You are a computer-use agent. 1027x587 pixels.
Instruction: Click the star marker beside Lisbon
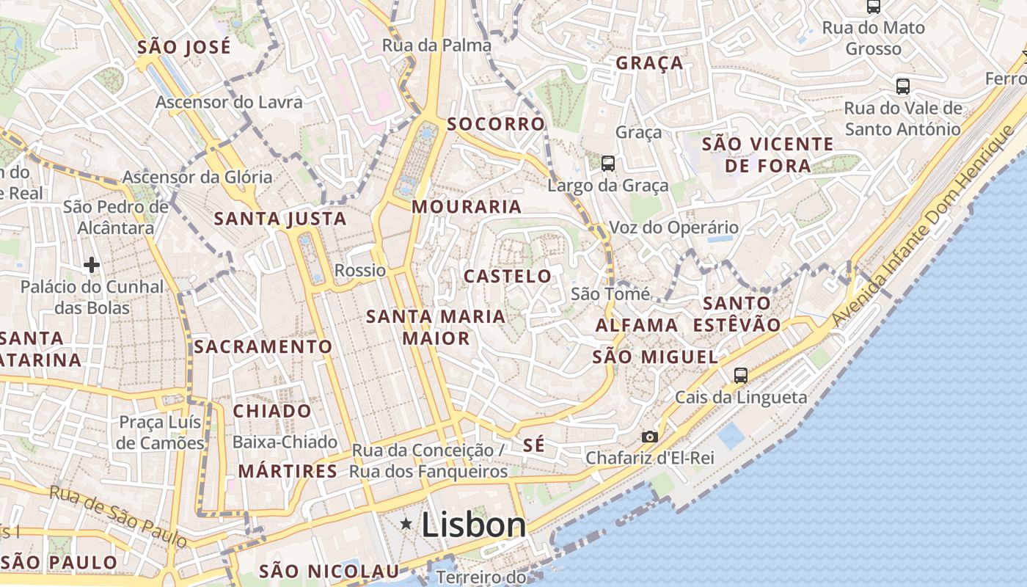(406, 524)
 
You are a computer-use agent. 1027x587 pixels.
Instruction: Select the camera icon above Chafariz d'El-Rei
(649, 437)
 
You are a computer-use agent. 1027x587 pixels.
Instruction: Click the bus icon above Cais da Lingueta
(741, 376)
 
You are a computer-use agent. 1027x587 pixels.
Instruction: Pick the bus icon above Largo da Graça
(608, 163)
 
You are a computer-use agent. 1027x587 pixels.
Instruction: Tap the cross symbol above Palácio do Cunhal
(92, 264)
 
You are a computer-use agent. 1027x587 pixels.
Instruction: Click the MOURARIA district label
(467, 207)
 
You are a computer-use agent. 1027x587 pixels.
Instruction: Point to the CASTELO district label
(508, 277)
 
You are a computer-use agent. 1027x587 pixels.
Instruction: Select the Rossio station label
(360, 270)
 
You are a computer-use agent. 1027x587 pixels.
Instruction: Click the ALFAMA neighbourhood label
(637, 325)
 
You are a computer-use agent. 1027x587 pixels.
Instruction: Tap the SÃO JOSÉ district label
(184, 48)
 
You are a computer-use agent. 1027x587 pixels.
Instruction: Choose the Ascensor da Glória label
(197, 177)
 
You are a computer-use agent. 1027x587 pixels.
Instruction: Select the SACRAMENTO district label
(263, 346)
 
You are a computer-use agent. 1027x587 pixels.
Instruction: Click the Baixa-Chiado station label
(285, 442)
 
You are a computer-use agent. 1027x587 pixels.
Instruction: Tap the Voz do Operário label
(673, 227)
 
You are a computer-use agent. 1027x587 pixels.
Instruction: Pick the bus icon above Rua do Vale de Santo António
(903, 87)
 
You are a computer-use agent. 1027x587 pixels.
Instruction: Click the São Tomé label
(610, 294)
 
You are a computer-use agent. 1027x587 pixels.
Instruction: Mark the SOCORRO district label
(497, 124)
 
